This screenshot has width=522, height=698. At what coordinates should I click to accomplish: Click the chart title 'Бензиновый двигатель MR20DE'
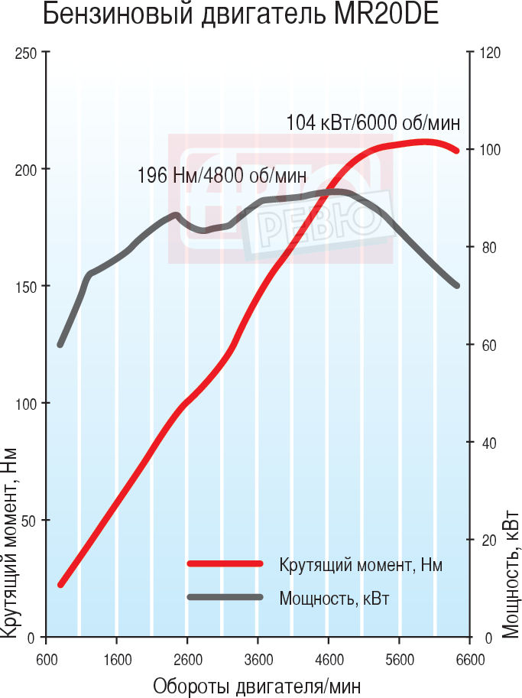pos(242,15)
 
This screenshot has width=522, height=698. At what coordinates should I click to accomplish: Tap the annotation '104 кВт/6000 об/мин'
pos(373,122)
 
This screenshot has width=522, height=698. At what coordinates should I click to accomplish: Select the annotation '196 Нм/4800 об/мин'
pos(222,175)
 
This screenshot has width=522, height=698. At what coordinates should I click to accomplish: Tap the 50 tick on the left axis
pos(28,520)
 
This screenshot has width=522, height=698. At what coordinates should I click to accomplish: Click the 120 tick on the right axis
pos(489,53)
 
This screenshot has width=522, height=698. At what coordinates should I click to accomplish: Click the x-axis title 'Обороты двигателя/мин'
pos(256,686)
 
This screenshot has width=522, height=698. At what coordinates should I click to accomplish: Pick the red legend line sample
pos(225,564)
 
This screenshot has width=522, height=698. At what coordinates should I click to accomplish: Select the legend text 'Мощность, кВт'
pos(334,598)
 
